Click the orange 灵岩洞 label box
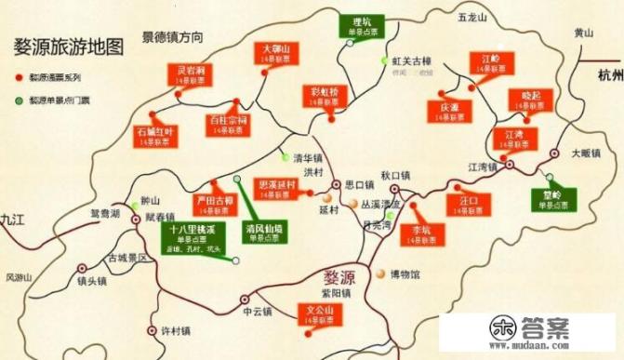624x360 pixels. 187,75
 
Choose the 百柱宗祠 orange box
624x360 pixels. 228,124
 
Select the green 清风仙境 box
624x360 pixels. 263,230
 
